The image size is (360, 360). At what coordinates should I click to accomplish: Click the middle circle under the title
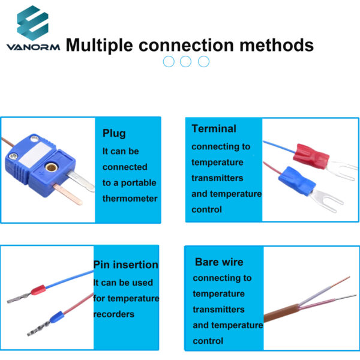(x=186, y=61)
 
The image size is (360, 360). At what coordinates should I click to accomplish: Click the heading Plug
(x=114, y=133)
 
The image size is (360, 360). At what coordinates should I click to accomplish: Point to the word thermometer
(x=130, y=198)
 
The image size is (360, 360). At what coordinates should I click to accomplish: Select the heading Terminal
(x=214, y=128)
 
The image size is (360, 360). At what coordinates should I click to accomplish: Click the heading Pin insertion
(x=126, y=265)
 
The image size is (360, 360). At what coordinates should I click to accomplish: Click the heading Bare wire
(x=219, y=262)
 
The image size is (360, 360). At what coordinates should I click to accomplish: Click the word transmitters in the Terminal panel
(x=217, y=178)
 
